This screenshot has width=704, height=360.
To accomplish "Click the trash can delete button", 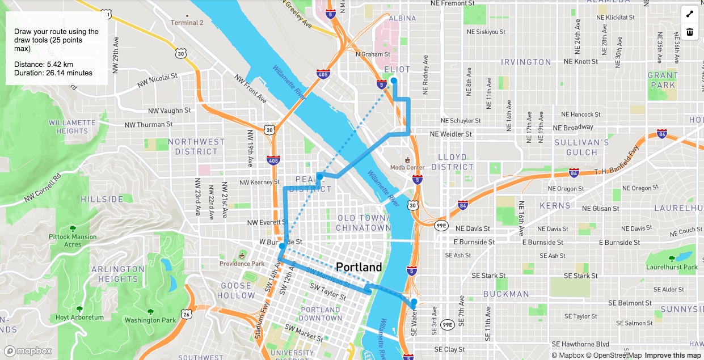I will pyautogui.click(x=690, y=32).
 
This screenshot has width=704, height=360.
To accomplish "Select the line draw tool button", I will pyautogui.click(x=690, y=14).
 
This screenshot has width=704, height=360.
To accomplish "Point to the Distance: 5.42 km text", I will pyautogui.click(x=44, y=64).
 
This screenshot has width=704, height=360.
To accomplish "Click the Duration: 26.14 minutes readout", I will pyautogui.click(x=53, y=73).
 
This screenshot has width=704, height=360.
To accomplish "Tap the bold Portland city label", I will pyautogui.click(x=359, y=267).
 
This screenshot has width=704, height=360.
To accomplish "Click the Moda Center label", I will pyautogui.click(x=407, y=167).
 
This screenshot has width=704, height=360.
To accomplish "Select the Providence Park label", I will pyautogui.click(x=242, y=264).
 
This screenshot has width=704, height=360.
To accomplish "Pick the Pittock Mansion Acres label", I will pyautogui.click(x=73, y=240).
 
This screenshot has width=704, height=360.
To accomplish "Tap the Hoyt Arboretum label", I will pyautogui.click(x=79, y=317).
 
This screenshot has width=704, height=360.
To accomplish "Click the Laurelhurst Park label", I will pyautogui.click(x=672, y=267).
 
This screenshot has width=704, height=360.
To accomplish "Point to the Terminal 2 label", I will pyautogui.click(x=187, y=23).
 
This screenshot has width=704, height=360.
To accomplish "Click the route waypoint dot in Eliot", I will pyautogui.click(x=394, y=81).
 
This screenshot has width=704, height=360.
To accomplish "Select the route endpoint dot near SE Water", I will pyautogui.click(x=414, y=302).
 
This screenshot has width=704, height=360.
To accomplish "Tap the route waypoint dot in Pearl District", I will pyautogui.click(x=320, y=177).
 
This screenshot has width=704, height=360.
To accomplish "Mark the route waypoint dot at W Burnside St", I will pyautogui.click(x=282, y=246).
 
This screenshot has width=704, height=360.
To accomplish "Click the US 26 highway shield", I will pyautogui.click(x=186, y=313).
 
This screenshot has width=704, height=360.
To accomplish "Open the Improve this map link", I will pyautogui.click(x=673, y=355).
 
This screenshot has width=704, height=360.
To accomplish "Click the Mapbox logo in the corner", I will pyautogui.click(x=28, y=351).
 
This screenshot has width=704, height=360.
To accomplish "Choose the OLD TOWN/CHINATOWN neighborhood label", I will pyautogui.click(x=363, y=223).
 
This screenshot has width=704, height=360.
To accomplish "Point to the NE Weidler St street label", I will pyautogui.click(x=451, y=134).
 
